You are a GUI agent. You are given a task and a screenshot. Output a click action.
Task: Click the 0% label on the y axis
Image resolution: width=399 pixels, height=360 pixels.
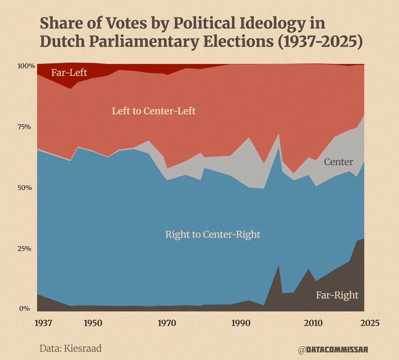24,309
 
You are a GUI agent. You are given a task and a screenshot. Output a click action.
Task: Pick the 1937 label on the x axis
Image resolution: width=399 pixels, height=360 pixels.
43,323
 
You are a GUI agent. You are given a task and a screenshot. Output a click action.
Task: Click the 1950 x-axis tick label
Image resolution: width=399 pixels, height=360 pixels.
93,323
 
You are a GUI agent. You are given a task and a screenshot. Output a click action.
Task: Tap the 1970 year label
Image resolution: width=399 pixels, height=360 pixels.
167,323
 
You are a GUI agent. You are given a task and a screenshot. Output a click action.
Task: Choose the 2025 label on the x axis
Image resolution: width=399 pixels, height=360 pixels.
370,323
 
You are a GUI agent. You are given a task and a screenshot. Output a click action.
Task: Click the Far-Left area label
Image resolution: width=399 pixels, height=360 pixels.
69,72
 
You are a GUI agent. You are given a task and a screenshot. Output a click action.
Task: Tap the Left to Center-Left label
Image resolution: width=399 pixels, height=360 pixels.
154,111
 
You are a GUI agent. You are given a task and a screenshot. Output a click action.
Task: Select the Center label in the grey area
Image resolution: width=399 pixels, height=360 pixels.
338,162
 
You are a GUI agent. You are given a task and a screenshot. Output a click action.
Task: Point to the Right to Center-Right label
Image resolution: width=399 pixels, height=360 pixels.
213,234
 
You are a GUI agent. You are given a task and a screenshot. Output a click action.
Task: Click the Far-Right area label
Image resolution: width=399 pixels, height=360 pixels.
337,295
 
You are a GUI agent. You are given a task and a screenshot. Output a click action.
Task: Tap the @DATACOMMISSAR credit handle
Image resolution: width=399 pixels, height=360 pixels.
333,349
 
